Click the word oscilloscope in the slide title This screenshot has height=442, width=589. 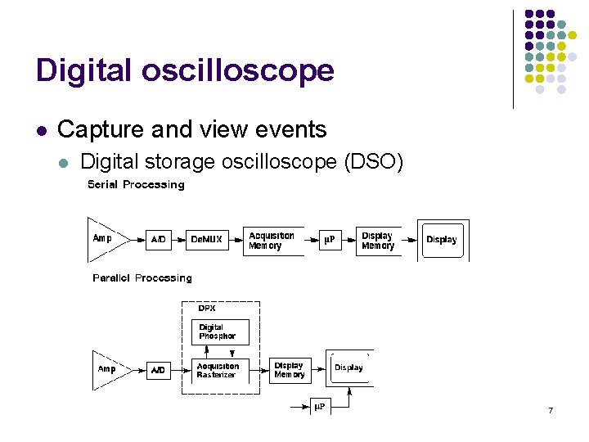tap(237, 70)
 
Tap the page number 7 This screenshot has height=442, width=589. tap(551, 410)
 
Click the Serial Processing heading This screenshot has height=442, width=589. tap(136, 185)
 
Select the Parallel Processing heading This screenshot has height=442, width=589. tap(142, 278)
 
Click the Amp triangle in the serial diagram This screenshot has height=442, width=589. tap(105, 239)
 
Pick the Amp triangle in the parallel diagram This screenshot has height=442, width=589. tap(109, 370)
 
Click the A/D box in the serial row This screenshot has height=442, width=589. tap(159, 240)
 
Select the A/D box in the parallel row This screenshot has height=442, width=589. tap(158, 371)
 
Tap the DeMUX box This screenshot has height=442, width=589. tap(205, 240)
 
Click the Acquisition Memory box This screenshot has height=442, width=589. tap(272, 241)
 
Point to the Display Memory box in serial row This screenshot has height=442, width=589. tap(378, 241)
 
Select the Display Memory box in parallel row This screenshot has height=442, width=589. tap(290, 370)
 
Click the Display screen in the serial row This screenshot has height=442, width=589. tap(443, 240)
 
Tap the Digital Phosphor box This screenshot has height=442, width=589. tap(219, 331)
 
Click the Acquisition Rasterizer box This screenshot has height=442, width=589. tap(219, 370)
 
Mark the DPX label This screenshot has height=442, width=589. tap(208, 309)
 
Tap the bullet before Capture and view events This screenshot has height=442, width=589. tap(42, 130)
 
